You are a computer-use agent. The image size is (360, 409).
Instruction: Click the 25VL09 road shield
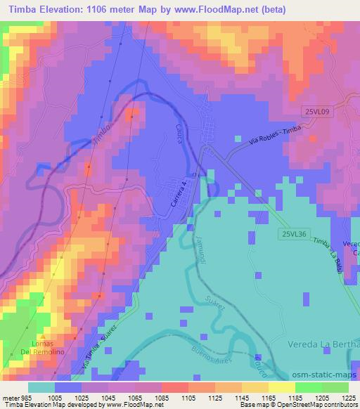tap(317, 111)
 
